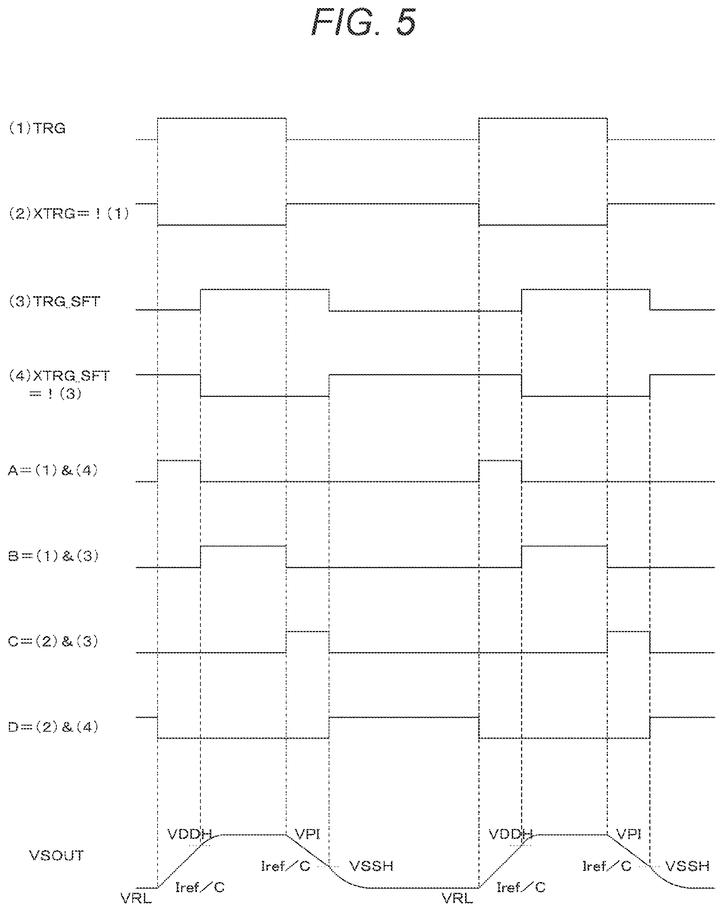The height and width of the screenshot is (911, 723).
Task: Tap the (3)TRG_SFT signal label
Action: pos(54,302)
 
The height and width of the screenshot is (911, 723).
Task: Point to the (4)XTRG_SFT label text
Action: pos(59,376)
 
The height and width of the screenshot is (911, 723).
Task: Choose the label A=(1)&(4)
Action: pos(53,470)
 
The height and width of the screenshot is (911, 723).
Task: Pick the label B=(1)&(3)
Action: pos(53,556)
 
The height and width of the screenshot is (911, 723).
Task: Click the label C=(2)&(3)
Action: pos(53,641)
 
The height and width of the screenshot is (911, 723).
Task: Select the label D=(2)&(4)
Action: pos(53,727)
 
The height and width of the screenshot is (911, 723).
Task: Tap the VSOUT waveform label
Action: pos(56,855)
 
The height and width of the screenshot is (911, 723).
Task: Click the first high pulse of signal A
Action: pos(179,461)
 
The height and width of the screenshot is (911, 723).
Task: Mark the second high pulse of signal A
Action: pos(500,461)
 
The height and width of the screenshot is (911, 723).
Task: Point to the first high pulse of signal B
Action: pos(243,547)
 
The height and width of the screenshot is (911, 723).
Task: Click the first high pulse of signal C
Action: pos(307,632)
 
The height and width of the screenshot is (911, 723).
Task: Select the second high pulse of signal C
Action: pos(629,632)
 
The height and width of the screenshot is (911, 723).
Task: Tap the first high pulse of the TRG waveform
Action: pos(222,119)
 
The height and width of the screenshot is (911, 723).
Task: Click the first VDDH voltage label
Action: pos(190,834)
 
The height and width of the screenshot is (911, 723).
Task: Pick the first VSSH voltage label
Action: pos(372,866)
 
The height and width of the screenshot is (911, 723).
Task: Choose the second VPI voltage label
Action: pos(629,834)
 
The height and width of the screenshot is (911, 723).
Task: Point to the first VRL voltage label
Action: pos(136,898)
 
